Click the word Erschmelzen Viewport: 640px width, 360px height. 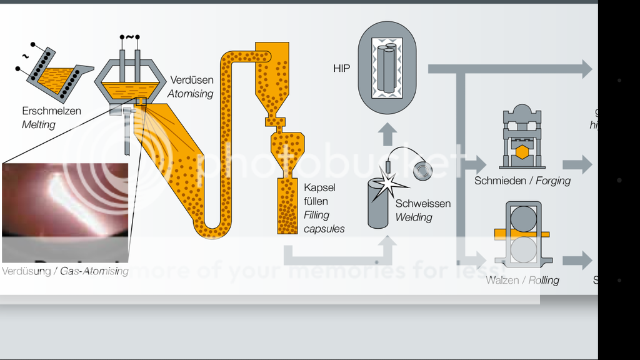(x=51, y=111)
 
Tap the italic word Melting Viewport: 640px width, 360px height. (x=39, y=124)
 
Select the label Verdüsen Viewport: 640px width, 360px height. (x=191, y=81)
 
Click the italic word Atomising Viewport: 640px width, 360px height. (x=190, y=94)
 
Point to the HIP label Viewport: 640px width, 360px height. (x=342, y=68)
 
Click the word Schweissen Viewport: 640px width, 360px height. (x=422, y=204)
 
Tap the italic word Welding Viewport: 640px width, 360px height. (x=414, y=217)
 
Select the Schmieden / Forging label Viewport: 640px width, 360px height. (x=522, y=181)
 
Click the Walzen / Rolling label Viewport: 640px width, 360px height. (x=522, y=280)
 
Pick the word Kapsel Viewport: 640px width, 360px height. (x=319, y=187)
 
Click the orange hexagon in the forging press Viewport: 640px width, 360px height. (x=521, y=152)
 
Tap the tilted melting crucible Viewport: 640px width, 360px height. (x=56, y=74)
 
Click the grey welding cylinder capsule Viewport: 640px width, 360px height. (x=378, y=202)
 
